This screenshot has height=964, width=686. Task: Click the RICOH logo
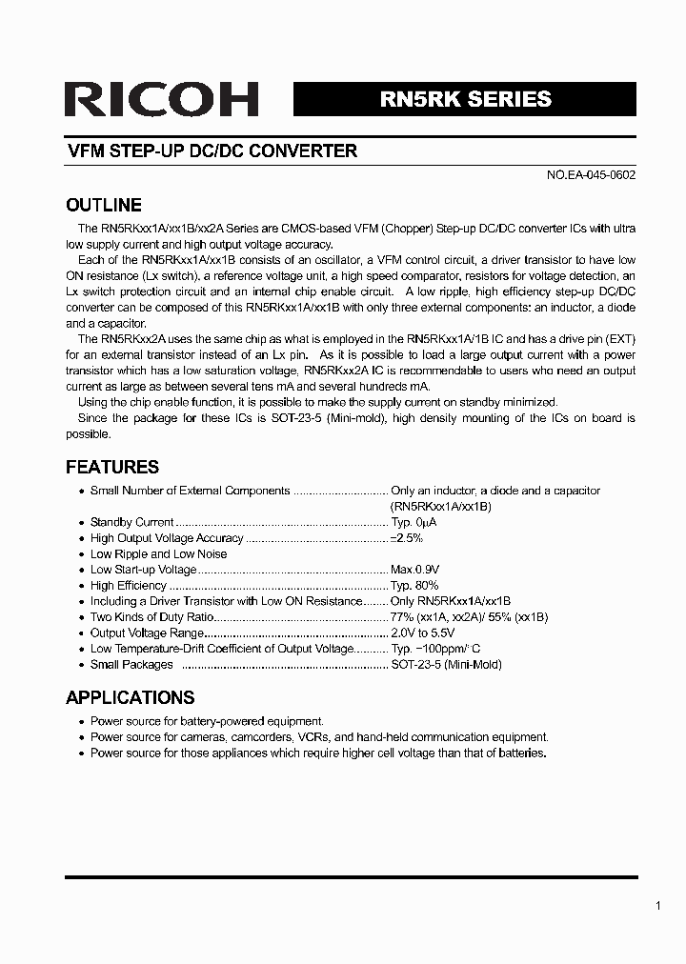pyautogui.click(x=162, y=100)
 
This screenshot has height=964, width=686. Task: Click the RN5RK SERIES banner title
pyautogui.click(x=465, y=99)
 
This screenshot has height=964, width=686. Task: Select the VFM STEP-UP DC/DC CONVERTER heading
pyautogui.click(x=212, y=151)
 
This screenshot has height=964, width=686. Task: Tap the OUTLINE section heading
pyautogui.click(x=103, y=205)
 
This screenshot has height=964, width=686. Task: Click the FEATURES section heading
pyautogui.click(x=111, y=467)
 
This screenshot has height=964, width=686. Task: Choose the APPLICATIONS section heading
pyautogui.click(x=130, y=697)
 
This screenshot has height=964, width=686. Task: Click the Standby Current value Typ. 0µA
pyautogui.click(x=414, y=522)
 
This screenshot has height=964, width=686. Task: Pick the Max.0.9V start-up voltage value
pyautogui.click(x=414, y=570)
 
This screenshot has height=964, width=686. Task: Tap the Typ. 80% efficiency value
pyautogui.click(x=414, y=586)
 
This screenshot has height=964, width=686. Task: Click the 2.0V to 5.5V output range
pyautogui.click(x=423, y=633)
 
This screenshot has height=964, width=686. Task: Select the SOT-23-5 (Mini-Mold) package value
pyautogui.click(x=446, y=665)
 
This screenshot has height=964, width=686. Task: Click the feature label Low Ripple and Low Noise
pyautogui.click(x=158, y=553)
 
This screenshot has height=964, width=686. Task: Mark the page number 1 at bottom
pyautogui.click(x=657, y=906)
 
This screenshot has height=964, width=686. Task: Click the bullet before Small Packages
pyautogui.click(x=81, y=665)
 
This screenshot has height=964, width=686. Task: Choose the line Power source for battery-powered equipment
pyautogui.click(x=207, y=721)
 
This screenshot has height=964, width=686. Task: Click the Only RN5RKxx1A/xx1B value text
pyautogui.click(x=451, y=601)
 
